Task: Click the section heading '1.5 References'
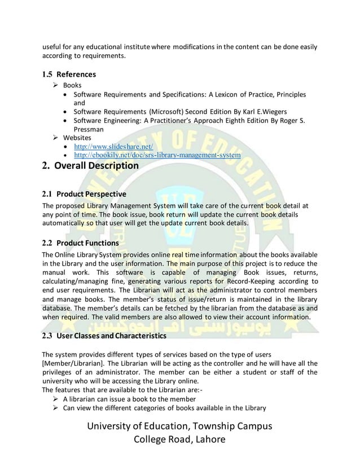[69, 74]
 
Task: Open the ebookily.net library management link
[157, 155]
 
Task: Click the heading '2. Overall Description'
[90, 166]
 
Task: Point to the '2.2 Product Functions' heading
[81, 243]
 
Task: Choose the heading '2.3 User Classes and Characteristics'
[104, 336]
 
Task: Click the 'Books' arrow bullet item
[72, 85]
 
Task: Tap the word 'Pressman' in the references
[90, 129]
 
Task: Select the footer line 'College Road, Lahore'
[179, 440]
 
